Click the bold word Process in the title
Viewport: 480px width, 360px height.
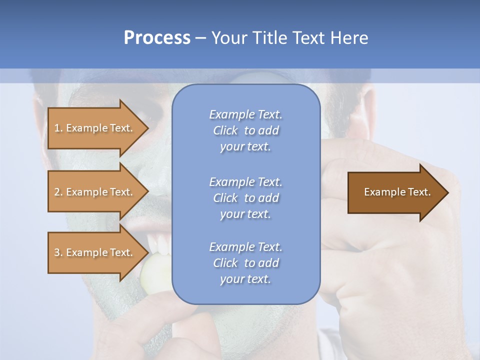(x=157, y=38)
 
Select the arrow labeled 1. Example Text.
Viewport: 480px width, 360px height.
(x=93, y=128)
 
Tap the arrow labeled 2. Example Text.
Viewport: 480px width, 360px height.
(x=93, y=192)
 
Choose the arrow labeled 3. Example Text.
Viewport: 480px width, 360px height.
(x=93, y=252)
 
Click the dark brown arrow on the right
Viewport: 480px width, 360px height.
(x=395, y=192)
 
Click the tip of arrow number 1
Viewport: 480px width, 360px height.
(x=147, y=128)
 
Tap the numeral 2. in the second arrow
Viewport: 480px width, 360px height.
(x=58, y=192)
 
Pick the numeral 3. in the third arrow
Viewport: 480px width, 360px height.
(x=58, y=252)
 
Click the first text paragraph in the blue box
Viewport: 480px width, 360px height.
(x=245, y=130)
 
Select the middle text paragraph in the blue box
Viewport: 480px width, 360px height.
(x=245, y=197)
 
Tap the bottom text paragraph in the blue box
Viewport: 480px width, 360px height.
(x=245, y=263)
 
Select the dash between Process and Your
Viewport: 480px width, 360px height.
(x=201, y=38)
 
